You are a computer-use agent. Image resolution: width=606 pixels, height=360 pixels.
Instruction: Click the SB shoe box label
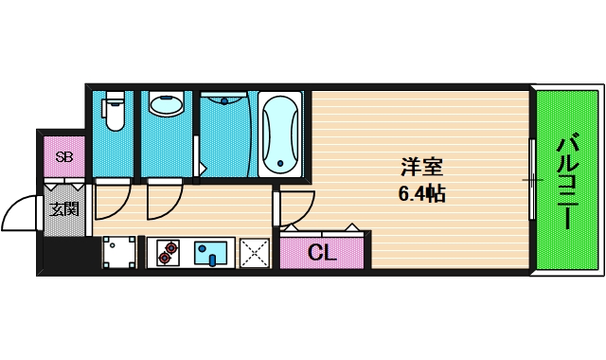64,157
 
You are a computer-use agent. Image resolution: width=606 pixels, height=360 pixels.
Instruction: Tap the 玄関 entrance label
64,207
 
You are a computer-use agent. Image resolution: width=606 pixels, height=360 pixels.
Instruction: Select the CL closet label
322,253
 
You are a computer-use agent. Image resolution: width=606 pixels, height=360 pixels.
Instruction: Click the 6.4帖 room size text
421,194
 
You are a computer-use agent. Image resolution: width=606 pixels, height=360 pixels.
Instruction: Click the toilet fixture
115,111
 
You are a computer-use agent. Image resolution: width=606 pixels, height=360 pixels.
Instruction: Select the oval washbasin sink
168,104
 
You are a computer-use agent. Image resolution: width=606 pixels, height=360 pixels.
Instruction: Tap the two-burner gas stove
169,252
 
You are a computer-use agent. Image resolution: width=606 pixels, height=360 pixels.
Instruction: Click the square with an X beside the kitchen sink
254,253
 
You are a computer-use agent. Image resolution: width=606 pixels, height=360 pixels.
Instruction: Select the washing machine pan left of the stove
120,252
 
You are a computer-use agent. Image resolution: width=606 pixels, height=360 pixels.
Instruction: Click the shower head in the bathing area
225,99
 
